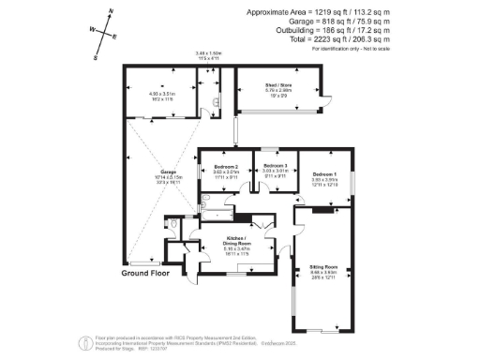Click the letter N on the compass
tap(112, 12)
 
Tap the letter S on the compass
tap(96, 56)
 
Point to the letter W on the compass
tap(92, 29)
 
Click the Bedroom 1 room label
tap(324, 174)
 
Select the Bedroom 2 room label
tap(226, 167)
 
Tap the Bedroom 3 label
tap(274, 167)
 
